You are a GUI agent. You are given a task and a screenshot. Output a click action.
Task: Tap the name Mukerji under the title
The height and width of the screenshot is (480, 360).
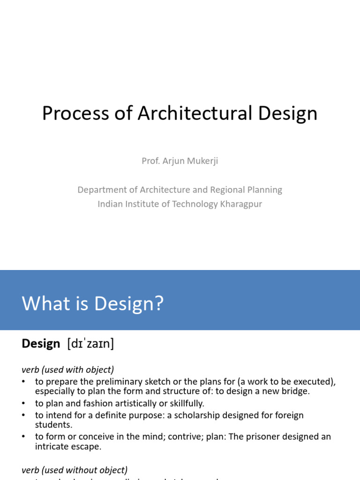coord(202,161)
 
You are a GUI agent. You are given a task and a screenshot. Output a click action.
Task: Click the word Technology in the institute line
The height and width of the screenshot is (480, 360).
coord(190,204)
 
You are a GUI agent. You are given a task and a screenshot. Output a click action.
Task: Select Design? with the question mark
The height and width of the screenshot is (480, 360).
coord(129,304)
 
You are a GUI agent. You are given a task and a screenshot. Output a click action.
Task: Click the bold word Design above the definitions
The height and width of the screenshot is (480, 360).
coord(41,344)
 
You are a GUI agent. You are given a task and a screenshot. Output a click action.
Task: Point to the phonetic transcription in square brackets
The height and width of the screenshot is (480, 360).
coord(90,344)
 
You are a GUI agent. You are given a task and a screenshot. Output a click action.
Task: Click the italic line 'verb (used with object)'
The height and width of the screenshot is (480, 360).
coord(68,369)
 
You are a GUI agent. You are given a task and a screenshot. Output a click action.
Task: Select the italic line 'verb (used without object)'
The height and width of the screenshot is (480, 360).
coord(75,470)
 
